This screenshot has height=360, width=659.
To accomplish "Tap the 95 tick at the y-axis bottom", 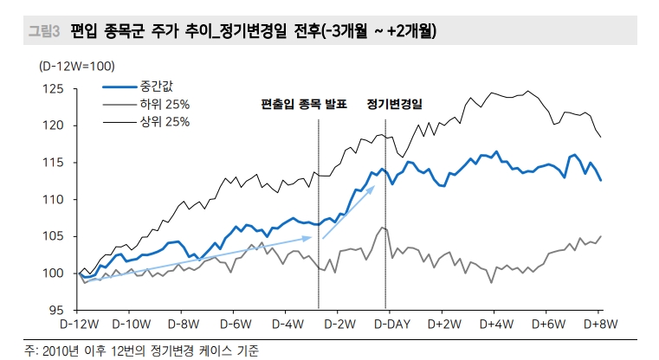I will (x=55, y=310).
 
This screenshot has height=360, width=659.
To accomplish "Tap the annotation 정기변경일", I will (x=393, y=104).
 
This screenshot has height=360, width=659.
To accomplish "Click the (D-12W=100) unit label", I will (x=75, y=67).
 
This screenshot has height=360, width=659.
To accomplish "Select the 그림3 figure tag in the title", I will (x=43, y=33).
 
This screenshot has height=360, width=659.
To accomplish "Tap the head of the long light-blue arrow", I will (x=312, y=236).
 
